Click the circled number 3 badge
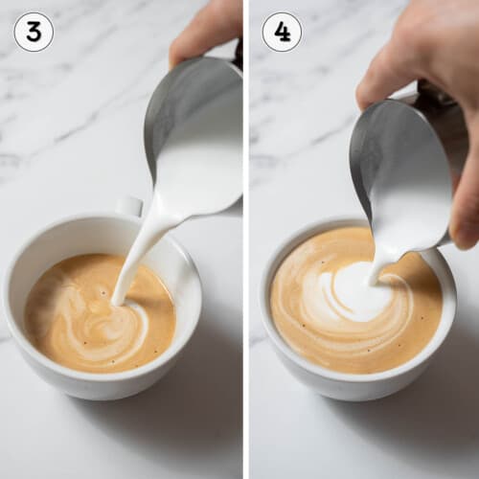coord(34,32)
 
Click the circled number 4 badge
coord(282,32)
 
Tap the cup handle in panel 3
coord(129,206)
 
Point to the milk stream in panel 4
coord(378,263)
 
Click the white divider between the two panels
coord(245,239)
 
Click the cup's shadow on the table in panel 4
coord(431,422)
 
